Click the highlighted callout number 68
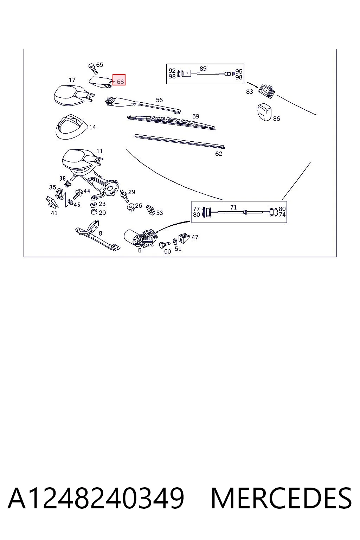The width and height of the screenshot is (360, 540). (120, 82)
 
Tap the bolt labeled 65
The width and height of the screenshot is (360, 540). (93, 69)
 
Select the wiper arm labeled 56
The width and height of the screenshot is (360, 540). (143, 105)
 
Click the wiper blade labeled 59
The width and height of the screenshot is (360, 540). (171, 122)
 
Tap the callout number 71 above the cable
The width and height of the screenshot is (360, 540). (233, 207)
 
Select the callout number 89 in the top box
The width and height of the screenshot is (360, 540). (203, 69)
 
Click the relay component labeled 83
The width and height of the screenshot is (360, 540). (266, 91)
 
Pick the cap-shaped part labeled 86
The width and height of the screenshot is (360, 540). (264, 112)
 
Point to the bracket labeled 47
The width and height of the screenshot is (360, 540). (184, 238)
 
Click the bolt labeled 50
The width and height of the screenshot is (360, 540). (165, 245)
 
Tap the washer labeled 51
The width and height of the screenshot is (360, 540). (175, 241)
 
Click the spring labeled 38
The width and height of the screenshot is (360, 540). (68, 184)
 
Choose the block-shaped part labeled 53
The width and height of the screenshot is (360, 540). (151, 210)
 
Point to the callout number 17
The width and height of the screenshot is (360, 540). (72, 80)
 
